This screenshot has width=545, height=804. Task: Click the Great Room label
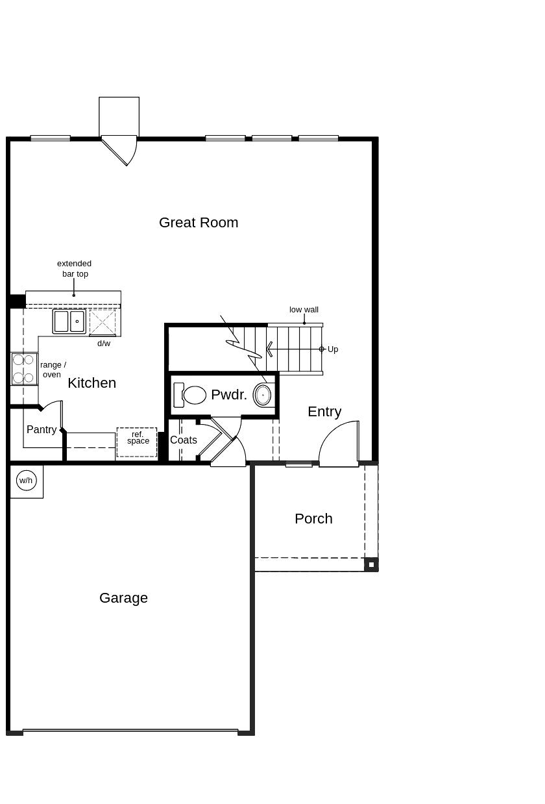(x=199, y=223)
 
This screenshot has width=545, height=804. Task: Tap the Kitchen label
(x=91, y=383)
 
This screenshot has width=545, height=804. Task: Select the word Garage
(x=123, y=598)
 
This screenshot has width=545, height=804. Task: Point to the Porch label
(x=313, y=519)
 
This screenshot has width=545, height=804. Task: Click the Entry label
(x=324, y=412)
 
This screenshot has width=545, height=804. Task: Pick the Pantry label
(x=42, y=430)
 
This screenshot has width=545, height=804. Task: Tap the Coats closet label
(x=184, y=440)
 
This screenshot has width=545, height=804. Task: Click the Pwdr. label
(x=229, y=395)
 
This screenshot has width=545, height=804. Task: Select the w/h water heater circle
(x=26, y=481)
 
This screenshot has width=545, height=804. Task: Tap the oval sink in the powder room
(x=263, y=395)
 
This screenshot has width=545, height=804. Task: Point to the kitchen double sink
(x=69, y=321)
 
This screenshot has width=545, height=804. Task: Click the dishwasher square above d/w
(x=103, y=322)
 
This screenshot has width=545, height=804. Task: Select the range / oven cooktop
(x=24, y=369)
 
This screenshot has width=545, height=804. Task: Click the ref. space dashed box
(x=137, y=442)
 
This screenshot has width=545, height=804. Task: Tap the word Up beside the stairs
(x=333, y=349)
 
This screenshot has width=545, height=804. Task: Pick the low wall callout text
(x=304, y=310)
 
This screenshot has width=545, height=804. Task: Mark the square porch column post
(x=371, y=564)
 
